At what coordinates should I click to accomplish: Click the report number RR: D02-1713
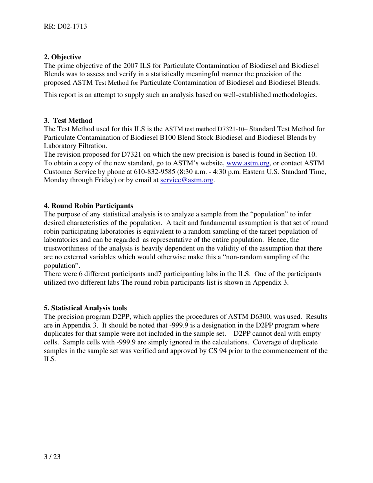click(66, 27)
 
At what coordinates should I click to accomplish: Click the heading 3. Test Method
click(68, 121)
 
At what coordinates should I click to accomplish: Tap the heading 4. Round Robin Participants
click(88, 206)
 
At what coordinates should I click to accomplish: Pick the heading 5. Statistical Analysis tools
click(85, 308)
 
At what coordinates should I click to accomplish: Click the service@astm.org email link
click(187, 180)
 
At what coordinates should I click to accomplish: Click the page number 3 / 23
click(52, 457)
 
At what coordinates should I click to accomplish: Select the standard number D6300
click(262, 317)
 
